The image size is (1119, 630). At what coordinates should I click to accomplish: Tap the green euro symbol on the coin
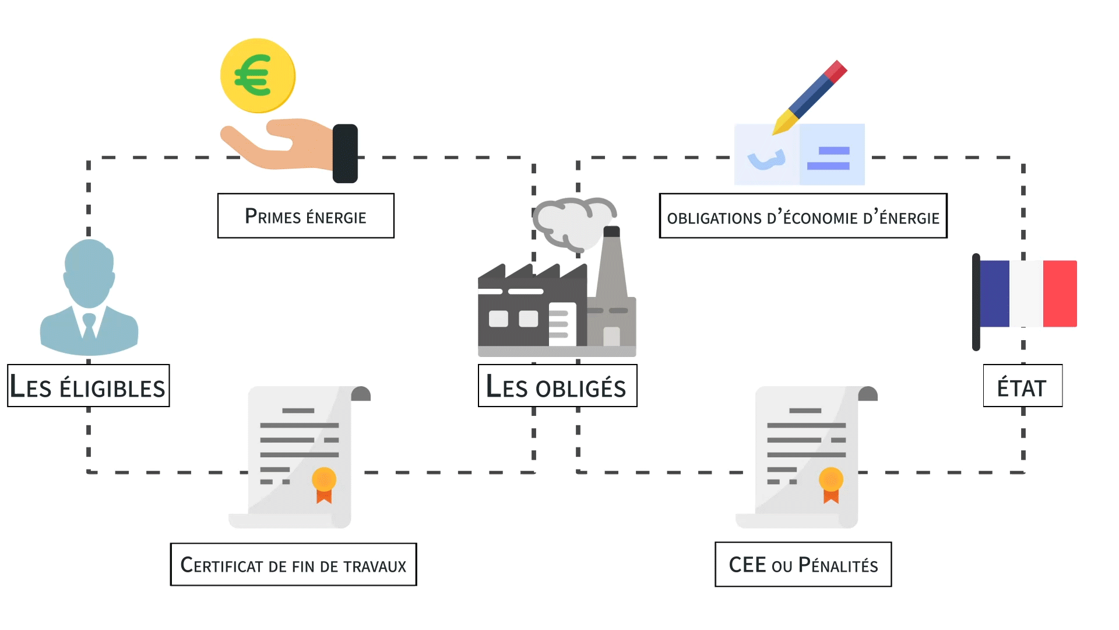pyautogui.click(x=252, y=75)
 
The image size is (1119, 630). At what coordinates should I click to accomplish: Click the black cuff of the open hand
pyautogui.click(x=345, y=153)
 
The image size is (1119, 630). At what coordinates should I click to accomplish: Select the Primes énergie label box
pyautogui.click(x=305, y=216)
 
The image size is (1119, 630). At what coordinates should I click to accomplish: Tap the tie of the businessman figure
pyautogui.click(x=89, y=326)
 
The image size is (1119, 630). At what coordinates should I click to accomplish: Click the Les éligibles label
pyautogui.click(x=88, y=386)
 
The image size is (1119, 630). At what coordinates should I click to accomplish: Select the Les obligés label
pyautogui.click(x=557, y=386)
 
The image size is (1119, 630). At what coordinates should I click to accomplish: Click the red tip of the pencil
pyautogui.click(x=836, y=71)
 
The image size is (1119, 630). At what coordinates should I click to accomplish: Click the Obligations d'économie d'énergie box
pyautogui.click(x=803, y=216)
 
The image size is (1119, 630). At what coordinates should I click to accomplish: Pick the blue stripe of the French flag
pyautogui.click(x=995, y=293)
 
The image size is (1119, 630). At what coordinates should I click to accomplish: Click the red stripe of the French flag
pyautogui.click(x=1060, y=293)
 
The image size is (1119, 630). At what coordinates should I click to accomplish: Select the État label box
pyautogui.click(x=1022, y=386)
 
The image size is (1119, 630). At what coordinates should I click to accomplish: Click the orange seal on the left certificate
pyautogui.click(x=324, y=480)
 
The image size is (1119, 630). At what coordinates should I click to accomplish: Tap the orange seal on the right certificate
pyautogui.click(x=831, y=480)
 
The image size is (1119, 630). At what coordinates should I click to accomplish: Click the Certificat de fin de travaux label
pyautogui.click(x=293, y=564)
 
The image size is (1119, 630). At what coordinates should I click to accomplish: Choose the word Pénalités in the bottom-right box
pyautogui.click(x=838, y=565)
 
